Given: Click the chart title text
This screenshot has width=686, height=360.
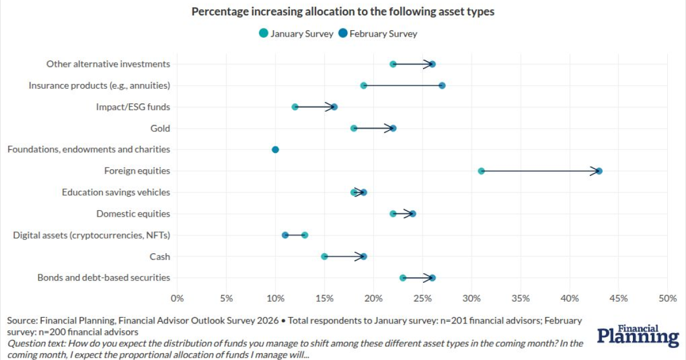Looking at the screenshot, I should point(342,11).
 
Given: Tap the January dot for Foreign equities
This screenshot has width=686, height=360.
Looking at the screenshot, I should point(481,171).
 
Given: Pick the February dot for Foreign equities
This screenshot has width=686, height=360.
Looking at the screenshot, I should point(599,171).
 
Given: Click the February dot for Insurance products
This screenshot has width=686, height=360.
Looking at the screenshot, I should point(442,86).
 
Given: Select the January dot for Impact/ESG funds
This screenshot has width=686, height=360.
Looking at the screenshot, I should point(295,107).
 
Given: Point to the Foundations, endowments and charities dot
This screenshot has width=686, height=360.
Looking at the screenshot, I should point(276,150).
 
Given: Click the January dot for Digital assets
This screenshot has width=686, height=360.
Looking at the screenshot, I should point(305,235).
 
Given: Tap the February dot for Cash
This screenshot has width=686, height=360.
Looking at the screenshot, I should point(364,257).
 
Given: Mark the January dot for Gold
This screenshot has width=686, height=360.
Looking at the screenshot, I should point(354,129).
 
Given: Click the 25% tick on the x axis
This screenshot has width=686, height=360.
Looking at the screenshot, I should point(422,298).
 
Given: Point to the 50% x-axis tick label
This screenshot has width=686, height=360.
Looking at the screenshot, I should point(667,298).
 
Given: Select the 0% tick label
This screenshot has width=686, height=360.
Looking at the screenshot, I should point(177,298).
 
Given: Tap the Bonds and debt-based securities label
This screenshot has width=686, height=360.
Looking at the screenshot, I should point(103,278).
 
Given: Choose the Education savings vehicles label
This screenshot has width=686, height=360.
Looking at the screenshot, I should point(115,193).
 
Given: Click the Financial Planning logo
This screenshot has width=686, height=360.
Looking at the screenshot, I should point(638,337).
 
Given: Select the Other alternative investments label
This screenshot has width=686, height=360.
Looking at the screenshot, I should point(108,64).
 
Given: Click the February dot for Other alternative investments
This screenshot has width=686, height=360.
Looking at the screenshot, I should point(432,64).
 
